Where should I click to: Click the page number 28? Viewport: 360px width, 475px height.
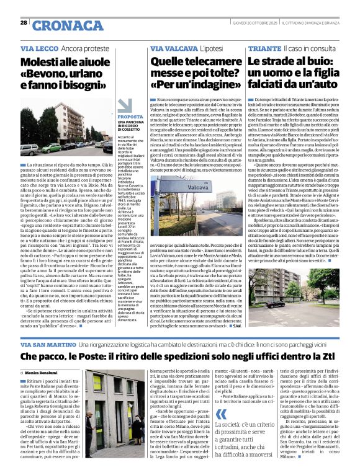click(x=24, y=23)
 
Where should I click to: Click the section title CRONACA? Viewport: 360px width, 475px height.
click(x=60, y=25)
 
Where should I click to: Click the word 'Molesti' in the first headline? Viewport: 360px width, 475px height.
click(x=43, y=63)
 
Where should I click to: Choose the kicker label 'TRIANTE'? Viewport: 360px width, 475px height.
click(x=264, y=48)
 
